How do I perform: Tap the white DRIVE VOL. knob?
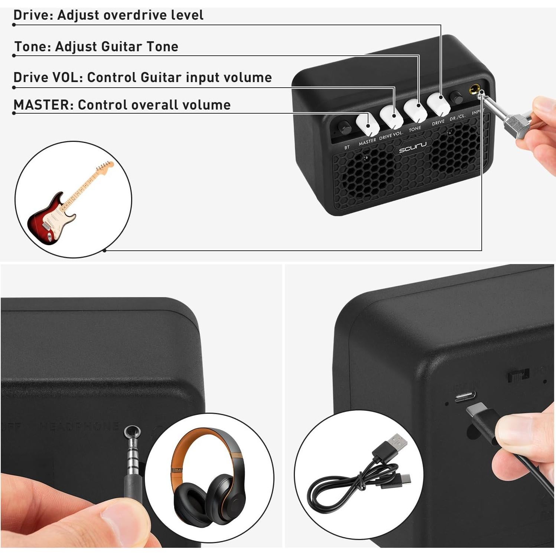[x=391, y=117]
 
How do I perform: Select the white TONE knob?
[x=415, y=110]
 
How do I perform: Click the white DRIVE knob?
[x=438, y=103]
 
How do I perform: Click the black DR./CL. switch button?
[x=456, y=97]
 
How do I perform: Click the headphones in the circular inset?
[x=208, y=479]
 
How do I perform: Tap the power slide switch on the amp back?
[x=518, y=375]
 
